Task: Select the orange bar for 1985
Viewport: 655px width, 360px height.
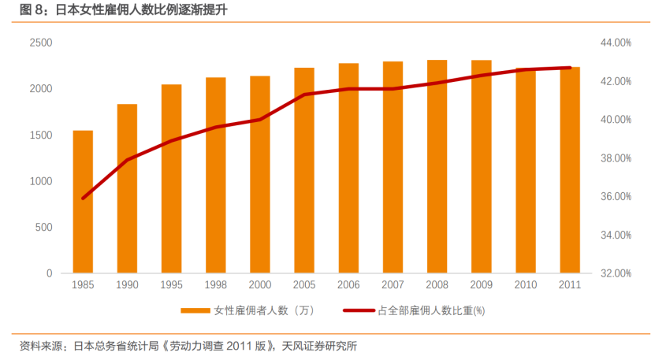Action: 83,202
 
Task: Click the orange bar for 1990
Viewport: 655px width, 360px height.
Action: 127,189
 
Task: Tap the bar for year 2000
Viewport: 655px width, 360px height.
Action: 260,175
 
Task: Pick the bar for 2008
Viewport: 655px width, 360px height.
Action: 437,167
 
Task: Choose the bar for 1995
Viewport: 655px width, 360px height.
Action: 171,179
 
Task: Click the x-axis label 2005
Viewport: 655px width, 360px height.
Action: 304,284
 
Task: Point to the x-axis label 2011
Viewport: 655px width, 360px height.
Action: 570,284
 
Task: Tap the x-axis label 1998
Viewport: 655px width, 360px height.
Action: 216,284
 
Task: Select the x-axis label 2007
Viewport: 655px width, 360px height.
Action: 393,284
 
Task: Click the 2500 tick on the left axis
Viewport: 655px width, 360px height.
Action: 41,43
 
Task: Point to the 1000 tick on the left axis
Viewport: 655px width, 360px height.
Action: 41,181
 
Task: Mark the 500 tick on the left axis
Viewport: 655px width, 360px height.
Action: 44,228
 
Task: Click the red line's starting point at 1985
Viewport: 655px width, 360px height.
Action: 83,199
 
